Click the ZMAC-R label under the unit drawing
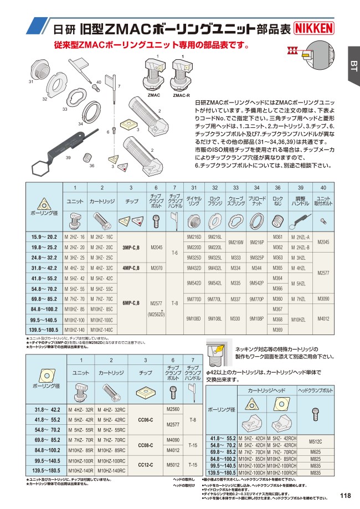click(181, 95)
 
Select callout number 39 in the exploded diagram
click(68, 158)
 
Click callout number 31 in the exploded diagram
click(31, 82)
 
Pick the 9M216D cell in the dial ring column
click(194, 236)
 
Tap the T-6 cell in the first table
click(174, 252)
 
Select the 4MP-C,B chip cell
click(131, 268)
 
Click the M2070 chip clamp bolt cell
click(156, 268)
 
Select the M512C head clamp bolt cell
click(323, 441)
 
